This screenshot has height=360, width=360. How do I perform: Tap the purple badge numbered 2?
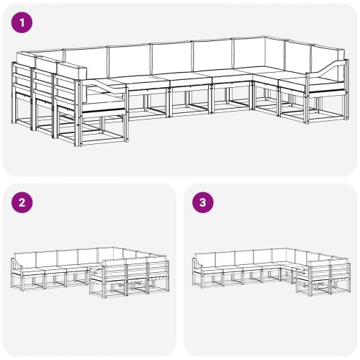tap(23, 203)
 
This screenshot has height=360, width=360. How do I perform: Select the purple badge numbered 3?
tap(203, 203)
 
